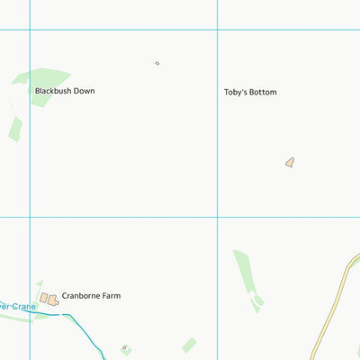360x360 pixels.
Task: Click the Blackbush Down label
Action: (x=64, y=91)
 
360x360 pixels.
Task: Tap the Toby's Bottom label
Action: (x=250, y=93)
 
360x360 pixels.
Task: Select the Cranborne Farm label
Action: (x=91, y=295)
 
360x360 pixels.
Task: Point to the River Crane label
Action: (x=16, y=307)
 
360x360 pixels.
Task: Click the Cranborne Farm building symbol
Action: (x=49, y=298)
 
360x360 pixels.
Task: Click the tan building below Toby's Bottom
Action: (x=290, y=163)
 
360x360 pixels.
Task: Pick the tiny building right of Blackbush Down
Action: (x=157, y=63)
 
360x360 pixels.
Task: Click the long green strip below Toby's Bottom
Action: (x=244, y=276)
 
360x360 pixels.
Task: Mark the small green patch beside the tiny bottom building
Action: (x=189, y=345)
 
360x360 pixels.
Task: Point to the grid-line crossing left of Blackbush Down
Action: (x=30, y=30)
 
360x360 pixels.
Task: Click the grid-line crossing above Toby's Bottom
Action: (x=217, y=30)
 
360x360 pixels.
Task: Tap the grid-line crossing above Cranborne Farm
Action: (x=30, y=217)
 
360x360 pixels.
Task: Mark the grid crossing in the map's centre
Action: (x=217, y=217)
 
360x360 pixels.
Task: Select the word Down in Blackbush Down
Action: (x=84, y=91)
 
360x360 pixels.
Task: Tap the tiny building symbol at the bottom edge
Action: (x=124, y=348)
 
